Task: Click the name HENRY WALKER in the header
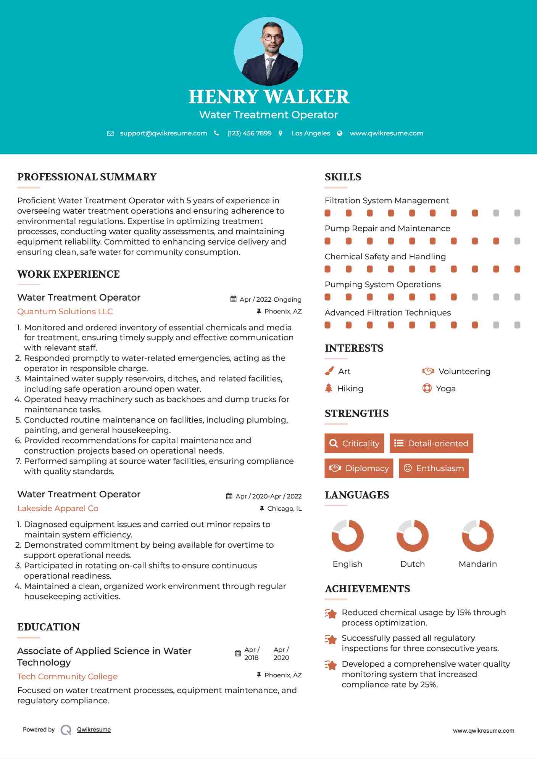click(269, 97)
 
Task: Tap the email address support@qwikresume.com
click(163, 133)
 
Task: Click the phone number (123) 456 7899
click(249, 133)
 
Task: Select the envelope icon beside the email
click(110, 133)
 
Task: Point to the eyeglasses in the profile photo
click(272, 37)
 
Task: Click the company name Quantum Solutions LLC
click(65, 311)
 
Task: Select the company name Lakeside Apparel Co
click(58, 508)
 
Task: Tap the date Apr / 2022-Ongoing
click(270, 299)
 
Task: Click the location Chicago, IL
click(284, 508)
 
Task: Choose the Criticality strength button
click(354, 443)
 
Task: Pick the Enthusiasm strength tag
click(434, 468)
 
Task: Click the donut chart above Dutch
click(412, 535)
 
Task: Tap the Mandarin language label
click(477, 564)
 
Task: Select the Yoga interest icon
click(427, 388)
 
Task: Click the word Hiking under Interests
click(350, 388)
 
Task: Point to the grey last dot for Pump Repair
click(517, 241)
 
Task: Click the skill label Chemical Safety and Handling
click(385, 256)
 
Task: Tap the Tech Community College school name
click(67, 676)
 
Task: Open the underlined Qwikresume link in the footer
click(94, 729)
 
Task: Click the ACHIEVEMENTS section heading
click(367, 589)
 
